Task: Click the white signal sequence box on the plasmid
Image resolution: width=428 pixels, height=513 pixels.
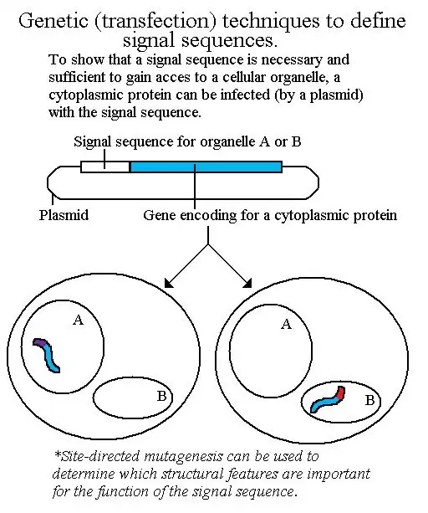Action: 104,167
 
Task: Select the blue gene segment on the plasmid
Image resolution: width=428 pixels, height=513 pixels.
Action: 206,167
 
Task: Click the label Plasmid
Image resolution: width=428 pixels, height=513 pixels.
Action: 64,215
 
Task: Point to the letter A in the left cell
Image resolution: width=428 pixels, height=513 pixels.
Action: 78,320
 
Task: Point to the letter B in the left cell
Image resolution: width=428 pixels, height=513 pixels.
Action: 161,396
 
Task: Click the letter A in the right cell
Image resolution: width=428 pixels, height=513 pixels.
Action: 286,324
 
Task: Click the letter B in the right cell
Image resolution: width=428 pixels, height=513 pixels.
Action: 369,400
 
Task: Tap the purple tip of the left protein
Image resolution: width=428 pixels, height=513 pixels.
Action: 38,342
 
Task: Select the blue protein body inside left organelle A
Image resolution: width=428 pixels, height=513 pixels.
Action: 52,358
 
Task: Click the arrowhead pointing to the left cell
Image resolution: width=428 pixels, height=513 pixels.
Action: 170,284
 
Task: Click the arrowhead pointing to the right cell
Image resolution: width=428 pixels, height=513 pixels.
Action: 247,284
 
